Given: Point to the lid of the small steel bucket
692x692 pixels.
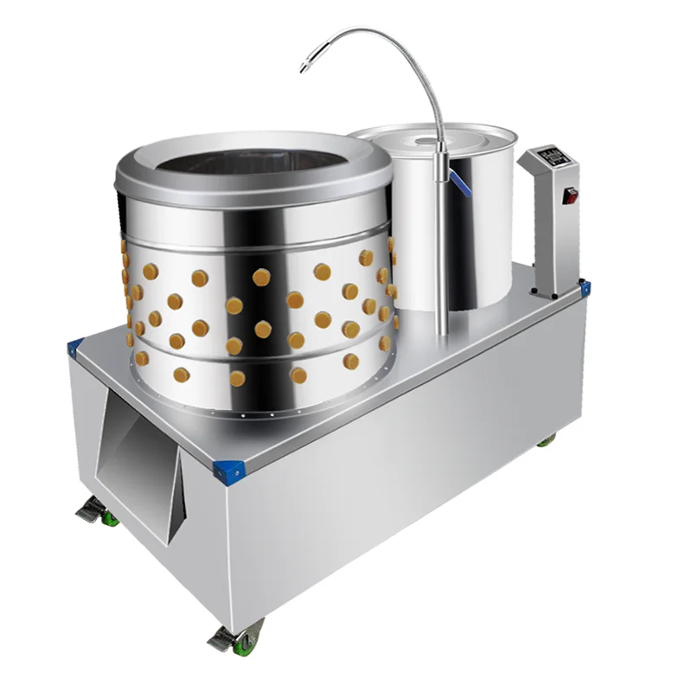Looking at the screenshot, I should [432, 138].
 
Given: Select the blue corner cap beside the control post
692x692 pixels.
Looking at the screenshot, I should [584, 286].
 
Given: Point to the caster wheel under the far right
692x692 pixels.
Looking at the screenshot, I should [545, 440].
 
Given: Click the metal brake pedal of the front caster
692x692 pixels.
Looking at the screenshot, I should [220, 640].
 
